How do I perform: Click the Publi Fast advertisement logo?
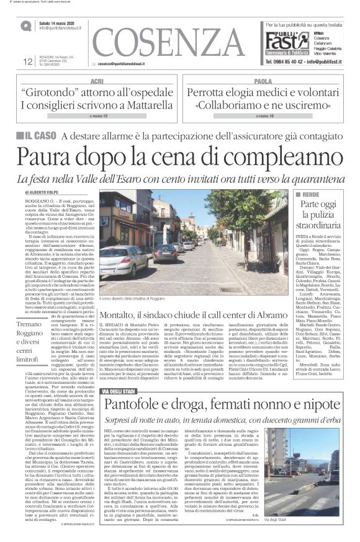(286, 42)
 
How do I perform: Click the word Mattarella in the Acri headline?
(148, 106)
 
